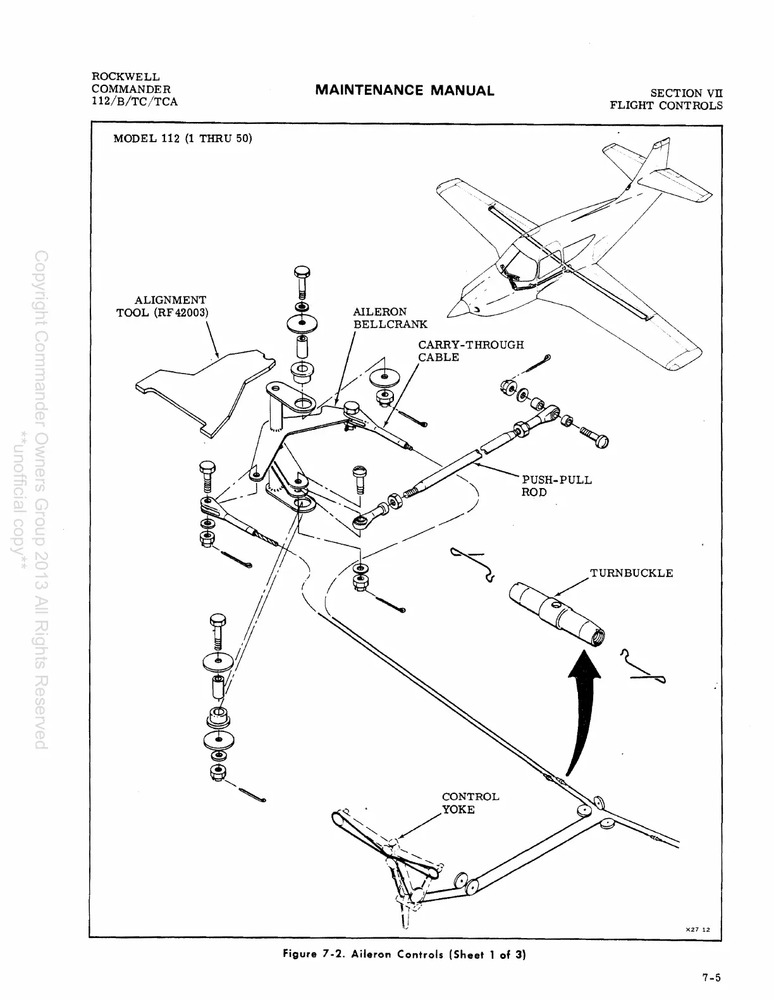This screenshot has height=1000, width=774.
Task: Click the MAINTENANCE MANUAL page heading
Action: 404,90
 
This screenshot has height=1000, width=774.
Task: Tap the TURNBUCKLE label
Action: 631,573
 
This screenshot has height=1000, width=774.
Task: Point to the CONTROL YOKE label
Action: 470,803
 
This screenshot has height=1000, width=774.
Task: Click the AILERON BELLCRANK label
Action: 390,318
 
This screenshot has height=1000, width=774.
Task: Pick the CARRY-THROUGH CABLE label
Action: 470,351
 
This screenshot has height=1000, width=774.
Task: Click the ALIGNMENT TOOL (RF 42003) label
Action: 163,306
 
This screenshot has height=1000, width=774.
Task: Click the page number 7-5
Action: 711,977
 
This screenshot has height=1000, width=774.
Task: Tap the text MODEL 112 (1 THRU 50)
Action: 182,138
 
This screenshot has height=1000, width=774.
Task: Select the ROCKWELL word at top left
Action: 126,76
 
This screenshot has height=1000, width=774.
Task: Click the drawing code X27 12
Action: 698,929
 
